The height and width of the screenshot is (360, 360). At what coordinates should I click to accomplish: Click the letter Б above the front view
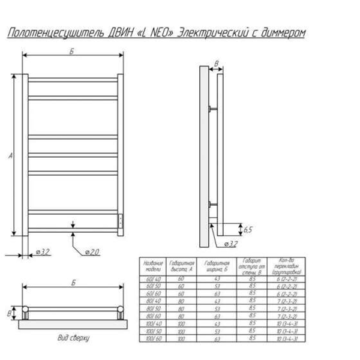(x=71, y=52)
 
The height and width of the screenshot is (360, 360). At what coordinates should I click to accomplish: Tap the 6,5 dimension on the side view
(x=248, y=229)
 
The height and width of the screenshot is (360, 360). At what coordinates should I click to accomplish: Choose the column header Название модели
(x=151, y=266)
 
